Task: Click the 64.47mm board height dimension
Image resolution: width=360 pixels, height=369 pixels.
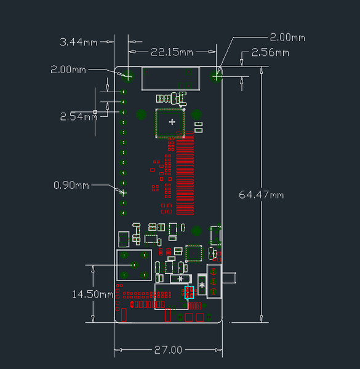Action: click(x=261, y=195)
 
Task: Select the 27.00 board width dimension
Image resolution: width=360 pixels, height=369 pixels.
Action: click(x=168, y=350)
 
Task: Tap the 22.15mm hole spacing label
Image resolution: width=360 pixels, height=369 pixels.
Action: click(x=172, y=52)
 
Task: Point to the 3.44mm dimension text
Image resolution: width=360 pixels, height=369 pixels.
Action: click(x=78, y=42)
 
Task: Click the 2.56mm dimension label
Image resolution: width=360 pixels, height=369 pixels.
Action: click(x=270, y=52)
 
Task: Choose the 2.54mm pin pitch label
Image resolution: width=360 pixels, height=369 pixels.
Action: click(x=79, y=116)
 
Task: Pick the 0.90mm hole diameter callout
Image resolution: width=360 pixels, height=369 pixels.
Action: click(x=71, y=185)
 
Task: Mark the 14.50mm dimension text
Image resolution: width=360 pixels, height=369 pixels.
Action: click(x=92, y=295)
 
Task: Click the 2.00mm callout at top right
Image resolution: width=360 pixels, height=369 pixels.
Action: click(x=287, y=38)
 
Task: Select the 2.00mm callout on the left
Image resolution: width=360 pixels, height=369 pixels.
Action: click(x=68, y=69)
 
